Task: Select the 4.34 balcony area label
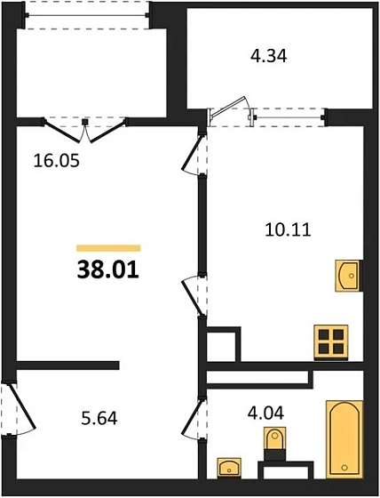click(267, 56)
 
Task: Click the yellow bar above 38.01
click(108, 246)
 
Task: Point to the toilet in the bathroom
click(275, 444)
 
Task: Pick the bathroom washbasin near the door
click(230, 466)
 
